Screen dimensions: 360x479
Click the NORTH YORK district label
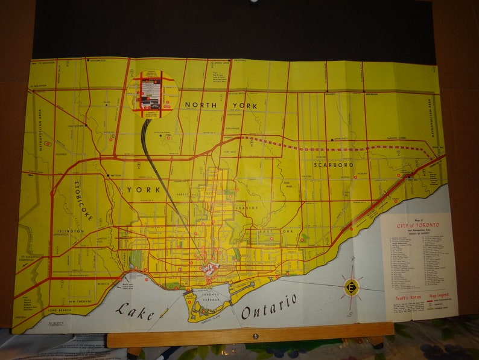coord(221,106)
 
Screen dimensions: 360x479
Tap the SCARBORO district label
coord(333,164)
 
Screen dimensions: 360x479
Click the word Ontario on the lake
coord(269,306)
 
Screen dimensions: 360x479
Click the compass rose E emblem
coord(351,286)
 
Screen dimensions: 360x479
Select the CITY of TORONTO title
coord(418,225)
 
